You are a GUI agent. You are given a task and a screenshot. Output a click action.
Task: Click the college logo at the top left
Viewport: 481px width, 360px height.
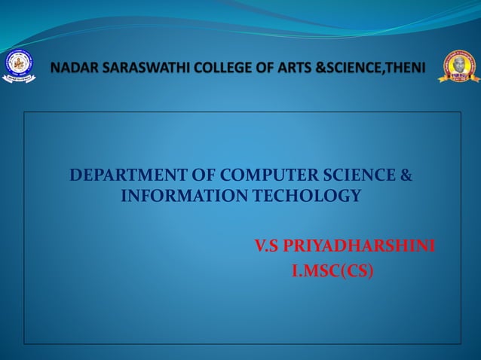point(19,67)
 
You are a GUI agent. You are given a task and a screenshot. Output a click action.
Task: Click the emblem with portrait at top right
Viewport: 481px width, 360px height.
point(459,67)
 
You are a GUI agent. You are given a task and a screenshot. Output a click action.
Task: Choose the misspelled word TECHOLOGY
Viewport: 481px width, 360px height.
point(302,197)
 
